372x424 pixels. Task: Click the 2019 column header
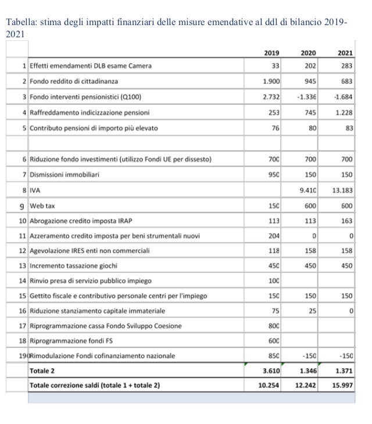tap(271, 53)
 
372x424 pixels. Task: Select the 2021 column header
tap(345, 53)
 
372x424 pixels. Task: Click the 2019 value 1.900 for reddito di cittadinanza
tap(271, 81)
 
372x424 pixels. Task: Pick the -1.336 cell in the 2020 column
tap(306, 97)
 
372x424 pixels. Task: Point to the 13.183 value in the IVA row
tap(342, 190)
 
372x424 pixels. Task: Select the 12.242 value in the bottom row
tap(306, 385)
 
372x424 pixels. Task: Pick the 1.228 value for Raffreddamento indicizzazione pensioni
tap(344, 112)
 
